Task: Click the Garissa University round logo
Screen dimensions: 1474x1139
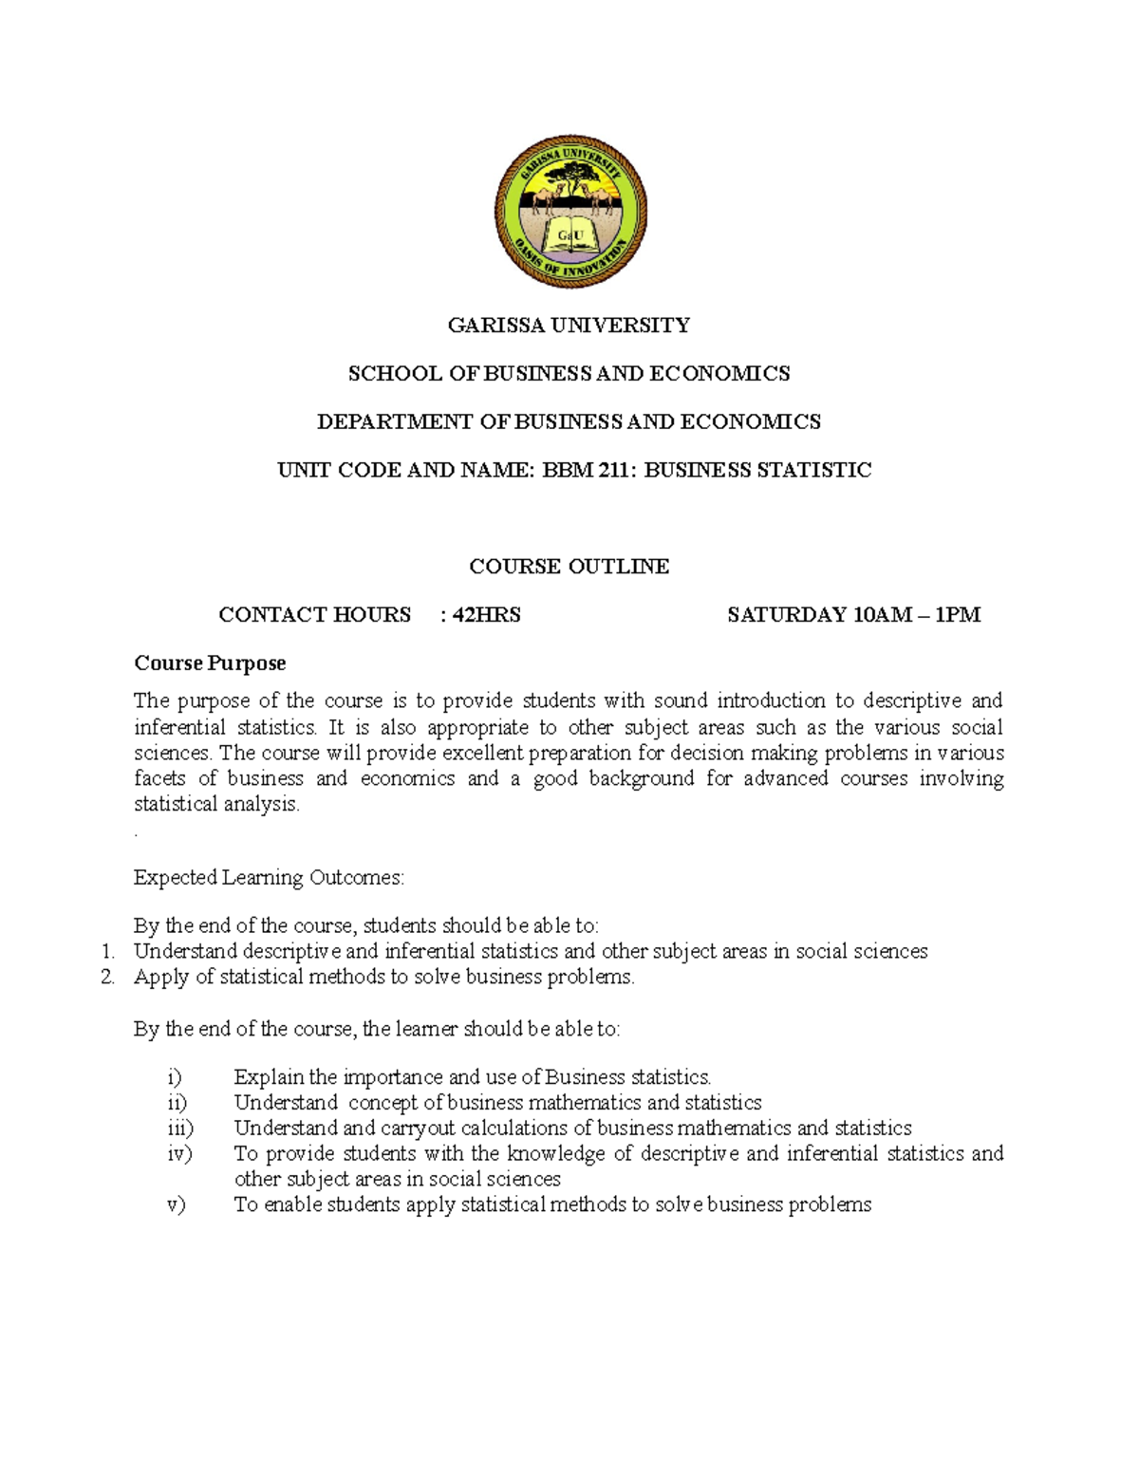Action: pos(570,212)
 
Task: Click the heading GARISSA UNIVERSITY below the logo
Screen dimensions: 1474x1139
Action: pos(569,326)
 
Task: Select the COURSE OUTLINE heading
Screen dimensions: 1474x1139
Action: pos(569,567)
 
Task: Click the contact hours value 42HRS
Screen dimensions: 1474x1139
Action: pos(486,615)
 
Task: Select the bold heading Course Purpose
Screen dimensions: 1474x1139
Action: pos(210,662)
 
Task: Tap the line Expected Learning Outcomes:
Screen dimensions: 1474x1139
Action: pos(269,878)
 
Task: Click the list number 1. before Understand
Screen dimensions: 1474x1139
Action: pos(107,952)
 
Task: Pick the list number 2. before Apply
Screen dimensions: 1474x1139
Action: pos(107,978)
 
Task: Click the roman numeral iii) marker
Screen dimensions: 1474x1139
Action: pos(179,1129)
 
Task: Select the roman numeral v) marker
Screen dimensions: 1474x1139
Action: pos(176,1205)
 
